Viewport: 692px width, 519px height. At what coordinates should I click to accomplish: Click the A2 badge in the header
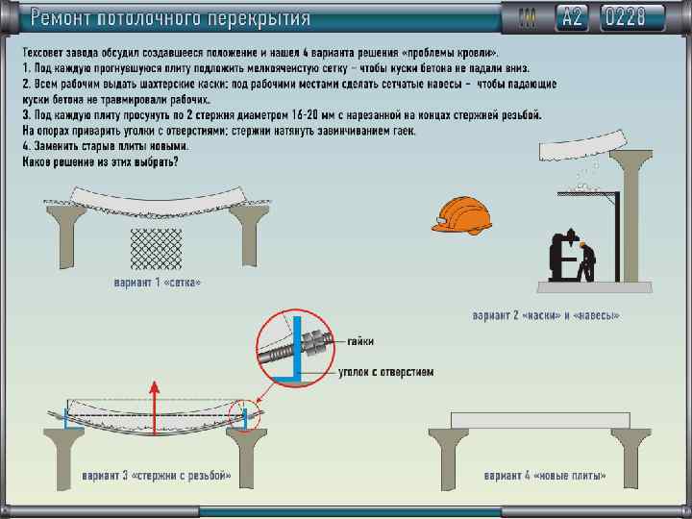click(x=573, y=16)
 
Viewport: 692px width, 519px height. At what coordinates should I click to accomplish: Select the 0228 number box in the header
click(x=632, y=16)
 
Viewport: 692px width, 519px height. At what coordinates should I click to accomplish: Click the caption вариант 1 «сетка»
click(x=156, y=284)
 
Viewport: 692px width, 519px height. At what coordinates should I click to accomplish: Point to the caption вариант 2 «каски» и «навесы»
click(x=547, y=314)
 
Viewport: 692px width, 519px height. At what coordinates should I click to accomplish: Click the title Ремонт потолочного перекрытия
click(x=169, y=17)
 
